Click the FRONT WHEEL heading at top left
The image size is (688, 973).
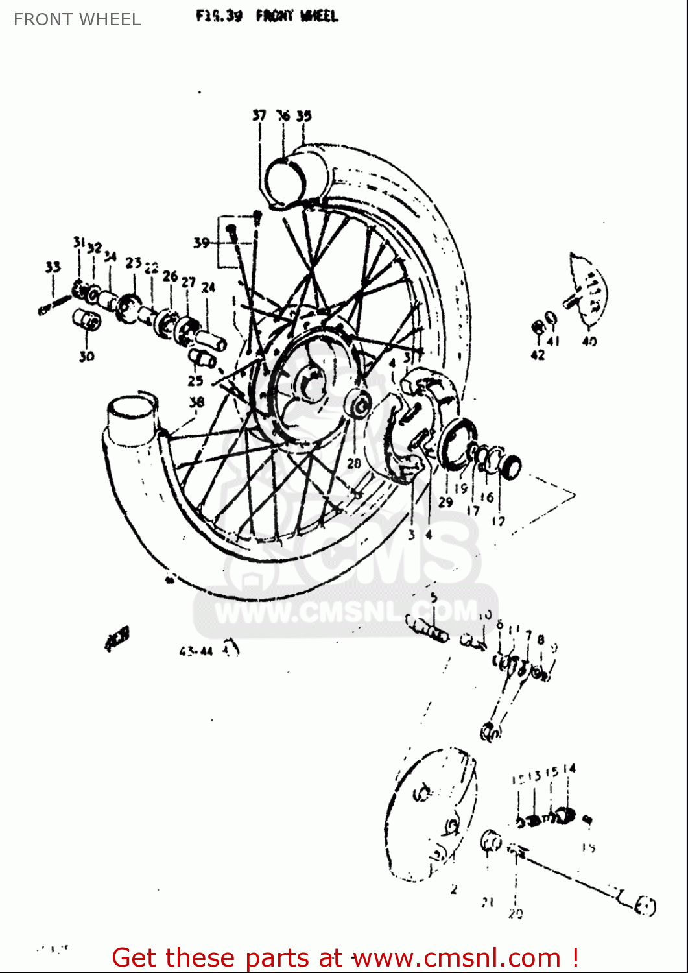[77, 19]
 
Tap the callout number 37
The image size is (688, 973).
[259, 115]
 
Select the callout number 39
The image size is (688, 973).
[202, 243]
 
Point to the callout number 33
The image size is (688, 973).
[53, 267]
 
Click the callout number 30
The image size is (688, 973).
[86, 355]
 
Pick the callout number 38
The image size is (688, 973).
[196, 402]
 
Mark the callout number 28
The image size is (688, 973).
[353, 463]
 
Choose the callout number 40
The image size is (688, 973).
[589, 341]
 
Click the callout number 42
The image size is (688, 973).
[538, 355]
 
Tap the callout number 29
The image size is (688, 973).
[445, 501]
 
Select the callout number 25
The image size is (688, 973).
[195, 381]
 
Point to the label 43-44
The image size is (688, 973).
[196, 651]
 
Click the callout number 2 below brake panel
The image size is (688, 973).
[454, 889]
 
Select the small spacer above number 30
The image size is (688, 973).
[87, 320]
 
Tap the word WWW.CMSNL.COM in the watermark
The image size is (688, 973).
[344, 612]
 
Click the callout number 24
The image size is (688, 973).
[208, 287]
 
